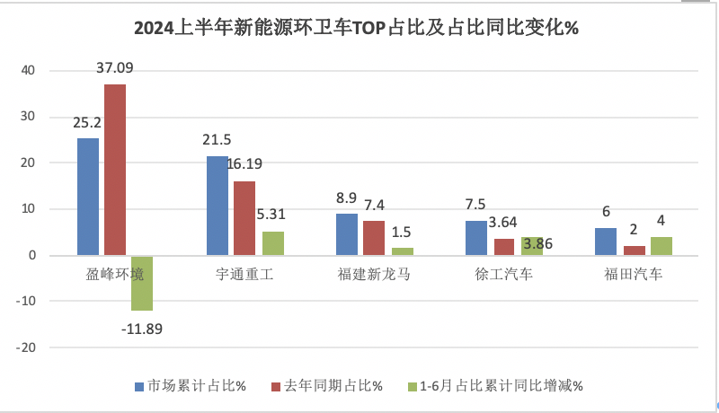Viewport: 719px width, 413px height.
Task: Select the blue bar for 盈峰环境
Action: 88,197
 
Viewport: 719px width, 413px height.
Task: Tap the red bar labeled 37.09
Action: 114,170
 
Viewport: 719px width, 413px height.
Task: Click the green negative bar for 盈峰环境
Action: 142,283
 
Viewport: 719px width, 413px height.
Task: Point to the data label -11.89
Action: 142,328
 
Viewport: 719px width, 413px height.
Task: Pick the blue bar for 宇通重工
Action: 217,206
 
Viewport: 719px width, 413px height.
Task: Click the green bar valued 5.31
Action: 273,243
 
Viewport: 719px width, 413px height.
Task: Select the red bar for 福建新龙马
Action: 374,238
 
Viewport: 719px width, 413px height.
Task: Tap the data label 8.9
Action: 347,197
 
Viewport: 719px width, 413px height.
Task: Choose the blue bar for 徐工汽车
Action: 476,238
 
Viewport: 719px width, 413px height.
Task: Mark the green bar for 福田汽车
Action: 661,246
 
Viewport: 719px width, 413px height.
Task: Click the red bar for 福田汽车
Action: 634,250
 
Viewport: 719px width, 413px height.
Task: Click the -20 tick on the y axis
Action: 26,347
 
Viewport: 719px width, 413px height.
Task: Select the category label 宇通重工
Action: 244,275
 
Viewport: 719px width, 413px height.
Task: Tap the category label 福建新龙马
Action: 374,275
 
